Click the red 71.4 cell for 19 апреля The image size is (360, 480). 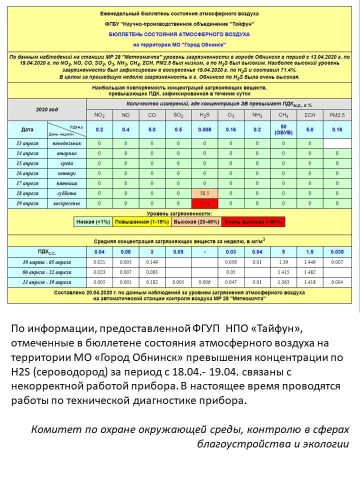coord(204,203)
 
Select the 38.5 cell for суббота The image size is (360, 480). coord(204,193)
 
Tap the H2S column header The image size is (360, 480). coord(204,115)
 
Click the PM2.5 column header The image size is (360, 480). coord(336,115)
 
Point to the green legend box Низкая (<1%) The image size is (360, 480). coord(94,221)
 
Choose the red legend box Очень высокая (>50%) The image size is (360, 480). coord(253,221)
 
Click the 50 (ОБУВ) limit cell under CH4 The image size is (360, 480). coord(283,129)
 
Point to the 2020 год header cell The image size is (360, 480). coord(47,108)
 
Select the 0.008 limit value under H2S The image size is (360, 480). coord(204,129)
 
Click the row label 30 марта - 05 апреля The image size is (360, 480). coord(47,262)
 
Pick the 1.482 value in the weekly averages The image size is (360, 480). coord(310,272)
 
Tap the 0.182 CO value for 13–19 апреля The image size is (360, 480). coord(152,282)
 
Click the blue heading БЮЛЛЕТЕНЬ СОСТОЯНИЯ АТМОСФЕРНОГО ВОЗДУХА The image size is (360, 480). coord(179,34)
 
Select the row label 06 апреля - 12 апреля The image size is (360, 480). coord(47,272)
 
